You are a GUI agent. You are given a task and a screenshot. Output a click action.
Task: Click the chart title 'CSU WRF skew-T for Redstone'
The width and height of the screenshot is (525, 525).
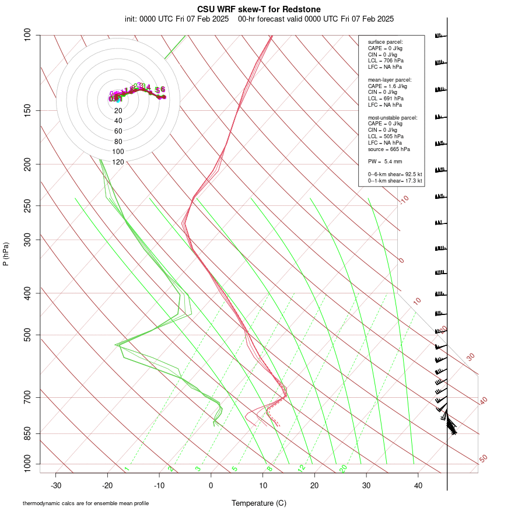coord(259,9)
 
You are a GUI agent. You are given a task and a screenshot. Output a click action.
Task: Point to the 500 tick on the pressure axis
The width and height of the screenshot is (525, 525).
coord(27,335)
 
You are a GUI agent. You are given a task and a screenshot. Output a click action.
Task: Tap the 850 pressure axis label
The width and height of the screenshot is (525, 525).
coord(27,433)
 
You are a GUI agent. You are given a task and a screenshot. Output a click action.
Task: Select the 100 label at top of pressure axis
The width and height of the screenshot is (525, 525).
coord(27,36)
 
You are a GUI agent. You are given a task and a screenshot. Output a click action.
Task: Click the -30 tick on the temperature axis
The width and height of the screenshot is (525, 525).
coord(56,485)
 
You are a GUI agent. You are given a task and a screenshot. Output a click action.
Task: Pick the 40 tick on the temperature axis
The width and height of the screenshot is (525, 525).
coord(418,485)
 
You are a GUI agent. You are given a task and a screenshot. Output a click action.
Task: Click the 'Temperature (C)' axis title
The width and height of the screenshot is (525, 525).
coord(259,503)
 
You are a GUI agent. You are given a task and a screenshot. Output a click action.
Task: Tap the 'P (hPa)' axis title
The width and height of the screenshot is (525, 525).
coord(6,254)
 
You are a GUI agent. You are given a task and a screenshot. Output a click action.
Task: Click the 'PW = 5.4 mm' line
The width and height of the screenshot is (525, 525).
coord(385,161)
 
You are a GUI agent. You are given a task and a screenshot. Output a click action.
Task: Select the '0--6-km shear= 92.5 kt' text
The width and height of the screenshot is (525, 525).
coord(395,174)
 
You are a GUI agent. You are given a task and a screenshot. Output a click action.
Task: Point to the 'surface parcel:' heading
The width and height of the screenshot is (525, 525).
coord(385,42)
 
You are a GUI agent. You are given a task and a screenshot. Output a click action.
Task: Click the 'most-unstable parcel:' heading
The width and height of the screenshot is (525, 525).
coord(393,118)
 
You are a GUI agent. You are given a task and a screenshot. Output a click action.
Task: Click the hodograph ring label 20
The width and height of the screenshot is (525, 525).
coord(118,110)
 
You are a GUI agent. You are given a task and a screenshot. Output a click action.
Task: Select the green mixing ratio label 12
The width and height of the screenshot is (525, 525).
coord(302,468)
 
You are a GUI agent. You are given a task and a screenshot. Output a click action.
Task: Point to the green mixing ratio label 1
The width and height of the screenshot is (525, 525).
coord(127,469)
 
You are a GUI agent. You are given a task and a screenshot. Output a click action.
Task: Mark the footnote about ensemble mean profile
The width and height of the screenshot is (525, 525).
coord(86,503)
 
